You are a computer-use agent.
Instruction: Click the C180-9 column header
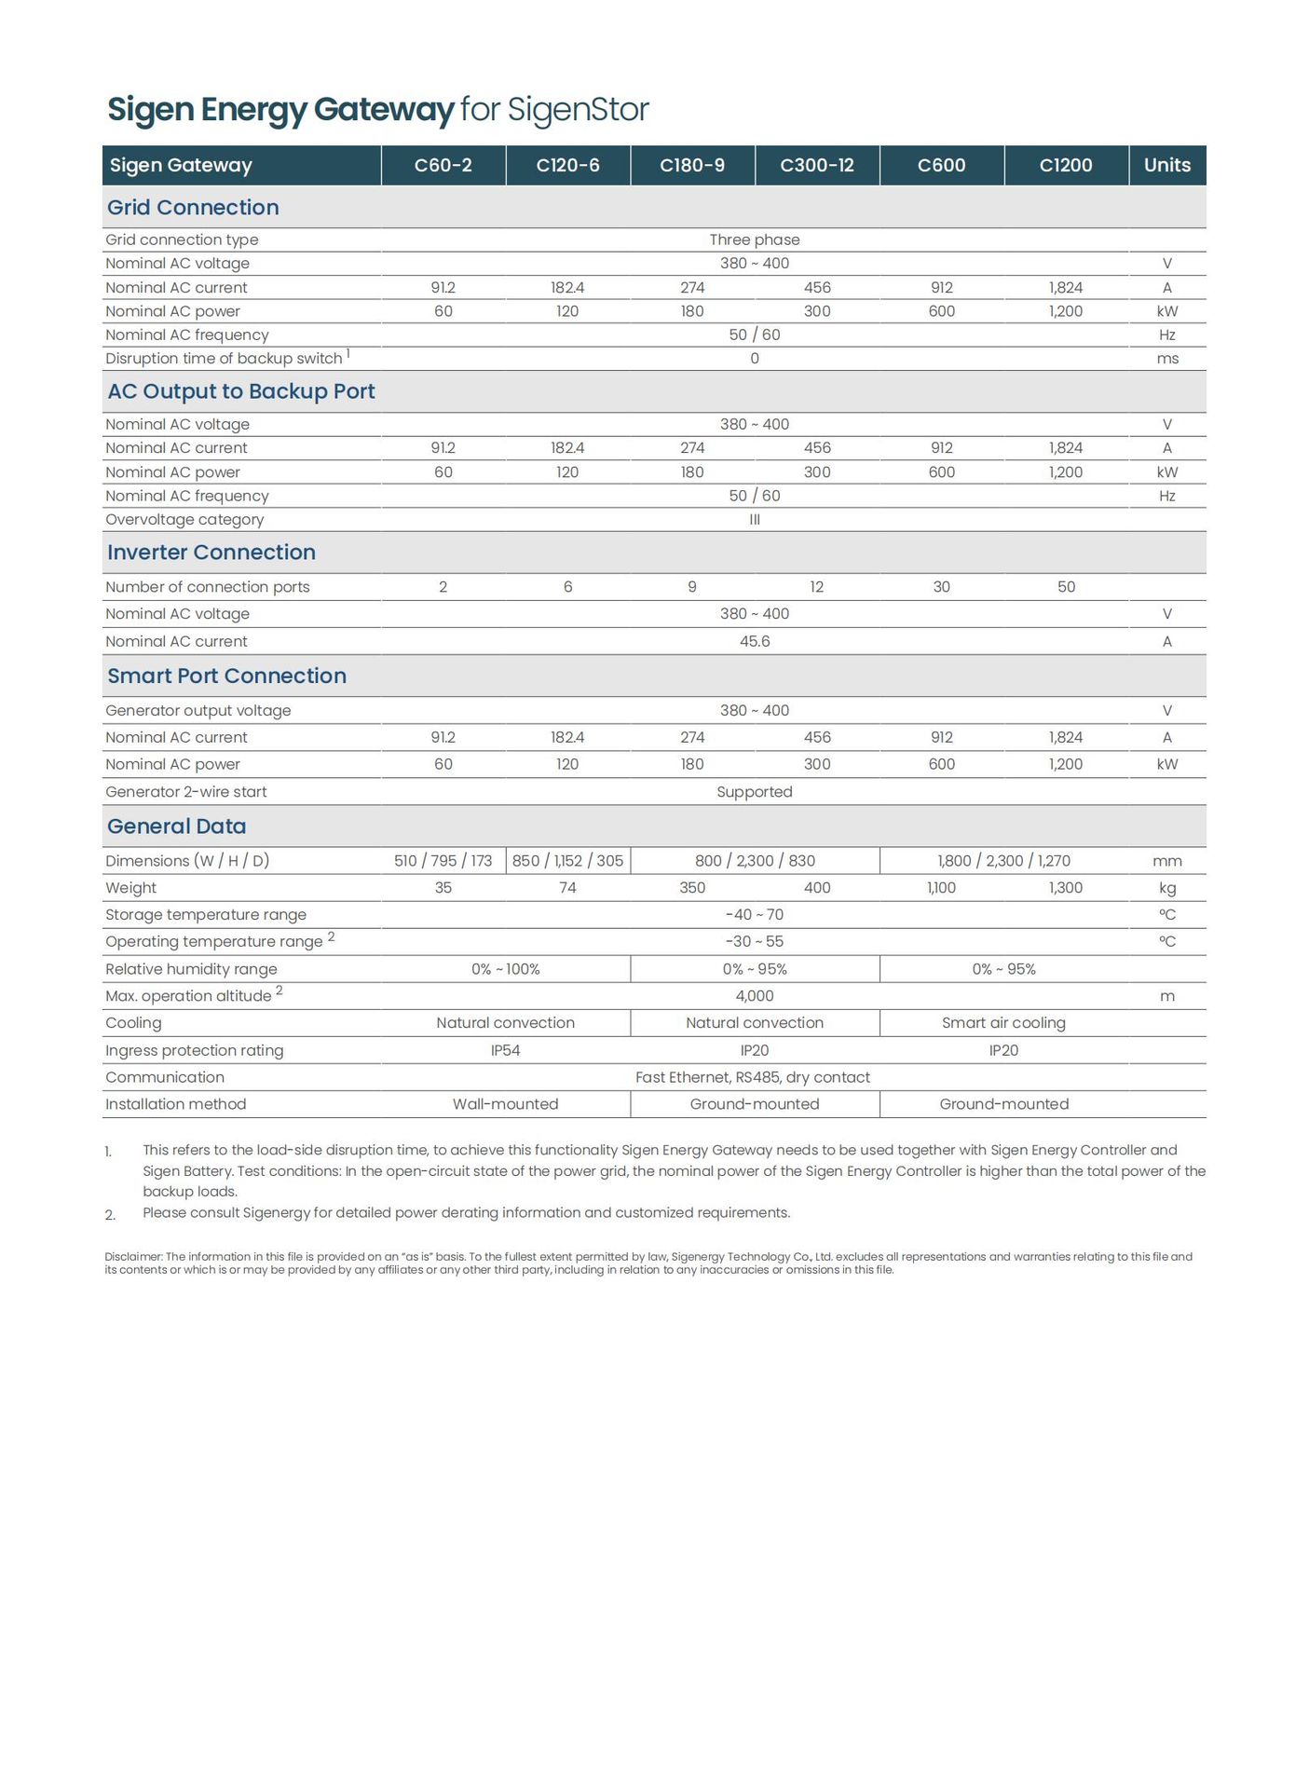click(x=692, y=166)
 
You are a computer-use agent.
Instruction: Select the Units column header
click(x=1166, y=166)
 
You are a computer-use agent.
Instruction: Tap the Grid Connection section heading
click(x=193, y=208)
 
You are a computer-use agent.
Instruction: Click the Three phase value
click(x=755, y=239)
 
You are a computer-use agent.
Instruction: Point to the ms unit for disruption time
click(x=1167, y=359)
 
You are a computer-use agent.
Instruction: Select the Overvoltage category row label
click(x=184, y=520)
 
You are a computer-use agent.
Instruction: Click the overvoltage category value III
click(x=755, y=520)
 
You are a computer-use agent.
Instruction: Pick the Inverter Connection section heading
click(x=211, y=553)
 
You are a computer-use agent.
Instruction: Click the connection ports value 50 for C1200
click(x=1066, y=587)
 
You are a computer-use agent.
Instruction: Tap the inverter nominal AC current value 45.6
click(x=755, y=642)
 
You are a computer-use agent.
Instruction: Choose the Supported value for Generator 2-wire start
click(x=755, y=792)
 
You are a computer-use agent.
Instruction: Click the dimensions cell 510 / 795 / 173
click(x=443, y=861)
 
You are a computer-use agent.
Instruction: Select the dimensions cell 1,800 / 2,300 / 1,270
click(x=1003, y=861)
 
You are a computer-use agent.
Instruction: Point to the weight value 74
click(x=567, y=888)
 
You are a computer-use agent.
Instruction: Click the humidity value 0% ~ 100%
click(x=506, y=970)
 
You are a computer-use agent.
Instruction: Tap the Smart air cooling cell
click(x=1003, y=1023)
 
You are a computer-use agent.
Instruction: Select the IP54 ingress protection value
click(x=506, y=1051)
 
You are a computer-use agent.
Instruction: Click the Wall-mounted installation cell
click(x=506, y=1104)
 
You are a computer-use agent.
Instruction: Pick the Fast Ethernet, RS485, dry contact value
click(x=753, y=1078)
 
